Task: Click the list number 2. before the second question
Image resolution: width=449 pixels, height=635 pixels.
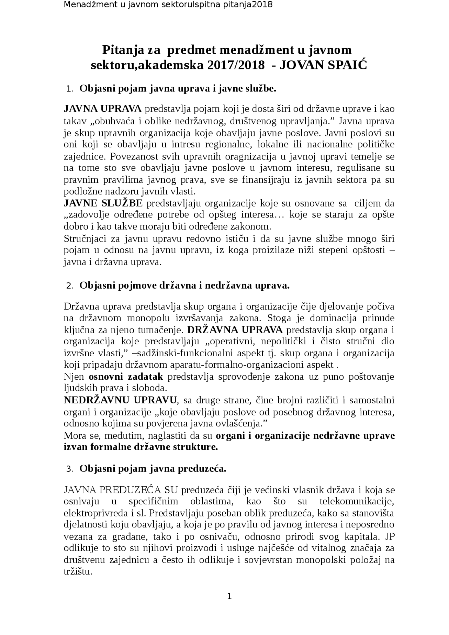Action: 69,286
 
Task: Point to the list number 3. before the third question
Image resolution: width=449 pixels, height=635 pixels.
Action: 69,469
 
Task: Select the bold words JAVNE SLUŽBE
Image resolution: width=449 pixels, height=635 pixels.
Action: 103,203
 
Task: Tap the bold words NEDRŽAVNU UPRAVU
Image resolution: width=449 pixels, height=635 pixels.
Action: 120,400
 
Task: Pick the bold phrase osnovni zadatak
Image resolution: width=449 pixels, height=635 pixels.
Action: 126,377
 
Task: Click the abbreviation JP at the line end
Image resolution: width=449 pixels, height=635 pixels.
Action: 389,536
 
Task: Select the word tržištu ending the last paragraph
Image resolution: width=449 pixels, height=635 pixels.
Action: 78,572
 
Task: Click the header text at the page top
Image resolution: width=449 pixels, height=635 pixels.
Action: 168,5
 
